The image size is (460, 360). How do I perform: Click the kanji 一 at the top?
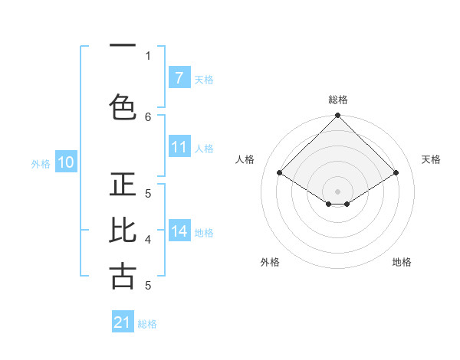(x=123, y=47)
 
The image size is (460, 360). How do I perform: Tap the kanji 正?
(x=123, y=186)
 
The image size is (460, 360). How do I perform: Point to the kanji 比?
(x=123, y=231)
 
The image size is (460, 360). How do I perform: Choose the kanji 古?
(x=123, y=276)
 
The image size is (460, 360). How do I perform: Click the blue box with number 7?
(x=179, y=78)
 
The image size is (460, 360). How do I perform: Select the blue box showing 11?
(x=179, y=148)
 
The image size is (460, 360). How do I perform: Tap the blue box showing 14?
(x=179, y=232)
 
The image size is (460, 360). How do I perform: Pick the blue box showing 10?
(x=66, y=162)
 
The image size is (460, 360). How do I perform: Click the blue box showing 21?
(x=123, y=322)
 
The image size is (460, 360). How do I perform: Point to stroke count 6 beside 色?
(x=148, y=116)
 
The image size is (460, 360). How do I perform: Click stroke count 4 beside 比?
(x=148, y=240)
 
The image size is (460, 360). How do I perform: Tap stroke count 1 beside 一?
(x=148, y=55)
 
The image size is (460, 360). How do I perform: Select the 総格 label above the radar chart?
(x=338, y=100)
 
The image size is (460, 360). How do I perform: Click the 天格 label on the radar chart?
(x=431, y=159)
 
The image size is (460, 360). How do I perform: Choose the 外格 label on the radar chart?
(x=270, y=262)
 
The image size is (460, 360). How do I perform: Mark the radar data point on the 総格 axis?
(x=338, y=116)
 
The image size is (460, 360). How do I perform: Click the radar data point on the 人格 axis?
(x=280, y=173)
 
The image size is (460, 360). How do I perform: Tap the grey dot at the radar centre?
(x=338, y=191)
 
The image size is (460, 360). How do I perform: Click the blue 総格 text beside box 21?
(x=148, y=324)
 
